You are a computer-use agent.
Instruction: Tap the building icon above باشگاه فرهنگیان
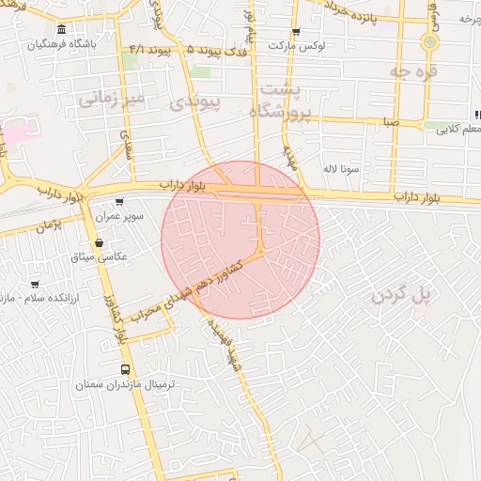click(61, 29)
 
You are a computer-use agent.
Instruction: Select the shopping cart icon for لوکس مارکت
click(296, 31)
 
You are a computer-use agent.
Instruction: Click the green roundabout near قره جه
click(430, 42)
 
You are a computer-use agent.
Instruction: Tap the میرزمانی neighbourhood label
click(111, 98)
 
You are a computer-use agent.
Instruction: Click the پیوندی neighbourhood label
click(196, 101)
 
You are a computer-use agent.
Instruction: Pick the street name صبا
click(390, 121)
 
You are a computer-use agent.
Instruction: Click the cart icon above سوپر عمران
click(119, 202)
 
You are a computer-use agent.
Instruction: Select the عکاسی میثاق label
click(99, 256)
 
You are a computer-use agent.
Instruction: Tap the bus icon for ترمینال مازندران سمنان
click(126, 370)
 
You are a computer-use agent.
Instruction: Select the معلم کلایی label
click(455, 132)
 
